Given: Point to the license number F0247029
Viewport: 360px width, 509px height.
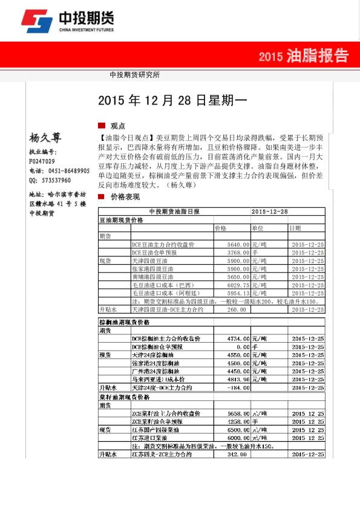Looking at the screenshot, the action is pos(42,161).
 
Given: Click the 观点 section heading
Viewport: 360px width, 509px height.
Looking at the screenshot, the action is pos(117,126).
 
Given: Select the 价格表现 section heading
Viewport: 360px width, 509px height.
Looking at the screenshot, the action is pos(125,198).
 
